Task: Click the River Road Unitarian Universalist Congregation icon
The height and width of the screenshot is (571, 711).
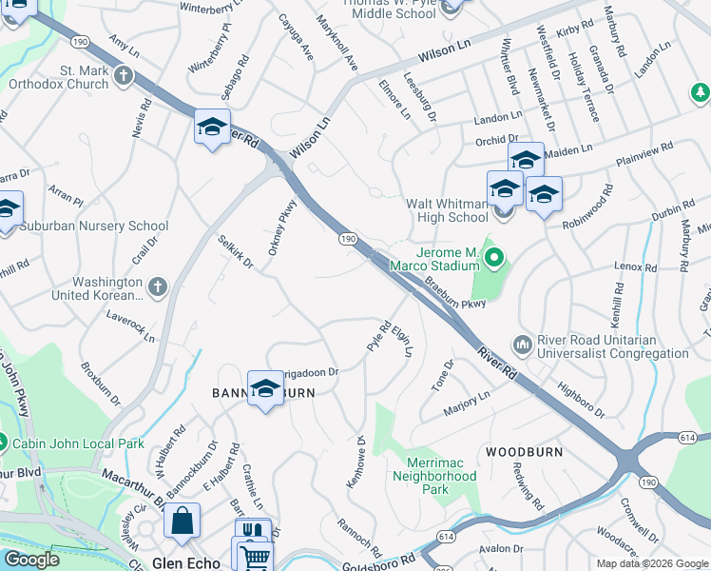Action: [x=522, y=343]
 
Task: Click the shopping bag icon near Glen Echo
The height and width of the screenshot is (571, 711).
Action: [x=182, y=521]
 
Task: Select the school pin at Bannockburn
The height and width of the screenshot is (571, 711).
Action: [x=266, y=387]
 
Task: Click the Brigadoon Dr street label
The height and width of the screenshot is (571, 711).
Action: [x=309, y=374]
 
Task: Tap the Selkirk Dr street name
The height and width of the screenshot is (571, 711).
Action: [x=235, y=252]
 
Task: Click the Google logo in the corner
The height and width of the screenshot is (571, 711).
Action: [x=32, y=561]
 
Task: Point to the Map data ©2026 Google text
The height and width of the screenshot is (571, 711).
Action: [x=652, y=563]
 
